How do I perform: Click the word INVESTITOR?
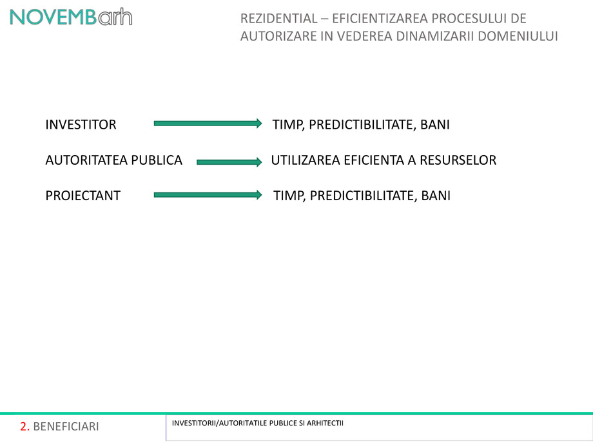point(81,125)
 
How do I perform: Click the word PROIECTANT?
point(83,196)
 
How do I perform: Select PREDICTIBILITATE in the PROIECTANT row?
point(363,196)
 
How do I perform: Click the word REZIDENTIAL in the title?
point(279,19)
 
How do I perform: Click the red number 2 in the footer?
point(24,427)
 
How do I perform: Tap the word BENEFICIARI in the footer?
point(66,427)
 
